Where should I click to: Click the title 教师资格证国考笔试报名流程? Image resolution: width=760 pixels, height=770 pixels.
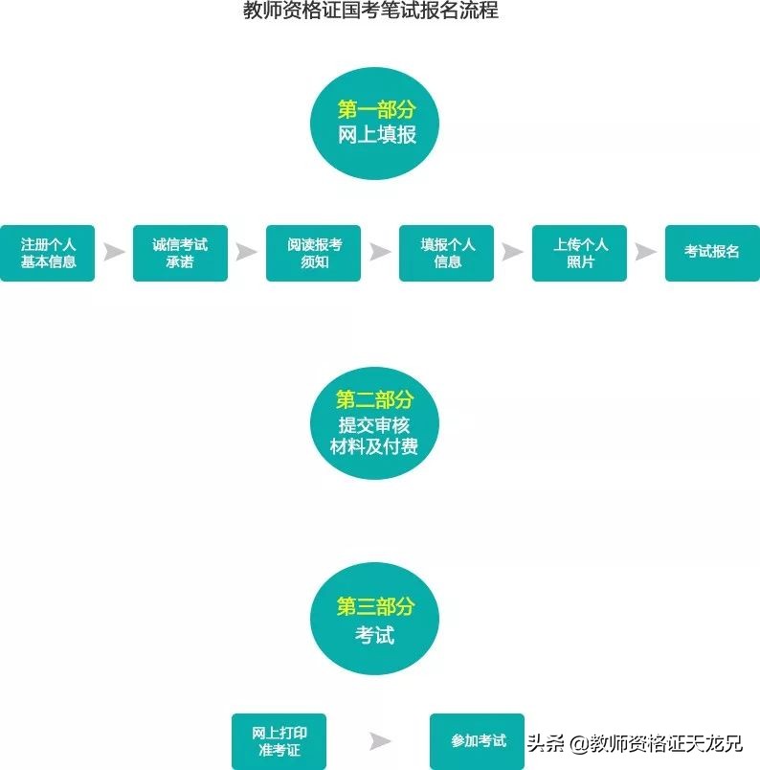click(371, 11)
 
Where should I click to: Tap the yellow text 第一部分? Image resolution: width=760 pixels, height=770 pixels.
click(376, 109)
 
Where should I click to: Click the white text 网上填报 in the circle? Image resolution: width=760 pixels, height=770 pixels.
click(376, 134)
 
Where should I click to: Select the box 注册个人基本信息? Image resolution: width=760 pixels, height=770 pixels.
click(48, 253)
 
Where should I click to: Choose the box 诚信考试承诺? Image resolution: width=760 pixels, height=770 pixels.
click(180, 253)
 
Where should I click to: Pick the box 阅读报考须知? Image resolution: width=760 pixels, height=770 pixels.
click(313, 253)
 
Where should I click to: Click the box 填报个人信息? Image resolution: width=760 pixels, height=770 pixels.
click(447, 253)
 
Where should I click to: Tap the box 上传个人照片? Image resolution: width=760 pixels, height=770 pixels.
click(580, 253)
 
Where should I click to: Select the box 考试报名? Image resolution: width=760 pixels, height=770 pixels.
click(712, 253)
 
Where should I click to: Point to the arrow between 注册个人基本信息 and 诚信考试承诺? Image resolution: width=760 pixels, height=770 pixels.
click(114, 253)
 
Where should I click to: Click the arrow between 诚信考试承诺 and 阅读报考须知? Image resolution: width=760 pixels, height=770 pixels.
click(247, 253)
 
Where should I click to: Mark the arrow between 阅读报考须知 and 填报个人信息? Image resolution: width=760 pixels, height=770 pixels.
click(380, 253)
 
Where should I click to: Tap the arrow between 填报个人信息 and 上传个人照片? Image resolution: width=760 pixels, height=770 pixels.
click(513, 253)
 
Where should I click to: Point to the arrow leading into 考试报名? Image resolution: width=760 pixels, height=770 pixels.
click(646, 253)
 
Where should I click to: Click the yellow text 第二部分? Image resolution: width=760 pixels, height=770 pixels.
click(374, 399)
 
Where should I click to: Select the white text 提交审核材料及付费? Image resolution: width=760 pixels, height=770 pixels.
click(374, 436)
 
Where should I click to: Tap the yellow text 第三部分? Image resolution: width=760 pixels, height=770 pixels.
click(375, 606)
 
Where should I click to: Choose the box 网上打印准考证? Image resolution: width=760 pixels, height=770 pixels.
click(279, 741)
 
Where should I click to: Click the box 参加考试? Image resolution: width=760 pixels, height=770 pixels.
click(478, 741)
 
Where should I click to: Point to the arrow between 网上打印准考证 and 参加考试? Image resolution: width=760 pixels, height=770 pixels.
click(380, 741)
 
